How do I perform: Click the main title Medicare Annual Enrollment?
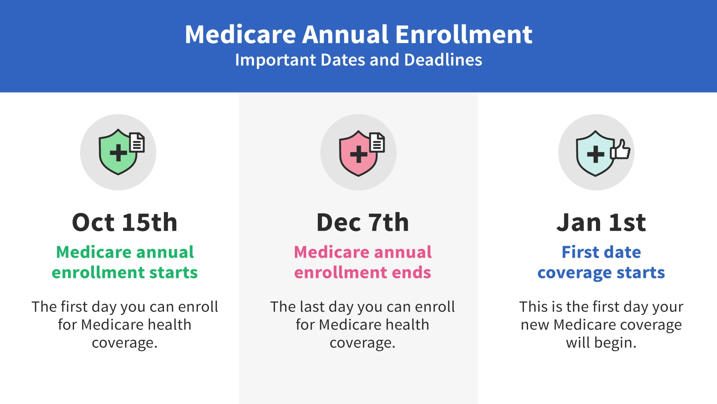point(358,34)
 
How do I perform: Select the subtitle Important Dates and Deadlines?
point(358,60)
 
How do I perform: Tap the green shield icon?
point(118,152)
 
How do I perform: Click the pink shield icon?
point(358,153)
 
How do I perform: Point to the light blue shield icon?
point(595,153)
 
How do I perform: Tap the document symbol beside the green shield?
point(137,143)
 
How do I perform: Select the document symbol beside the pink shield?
point(377,143)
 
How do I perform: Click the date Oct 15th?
point(125,222)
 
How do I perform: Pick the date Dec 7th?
point(363,222)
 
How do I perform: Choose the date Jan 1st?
point(601,222)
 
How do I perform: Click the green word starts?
point(173,272)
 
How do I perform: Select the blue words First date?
point(601,252)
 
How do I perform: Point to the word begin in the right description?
point(615,343)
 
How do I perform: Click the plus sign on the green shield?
point(118,153)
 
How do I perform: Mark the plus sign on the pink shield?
point(358,154)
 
